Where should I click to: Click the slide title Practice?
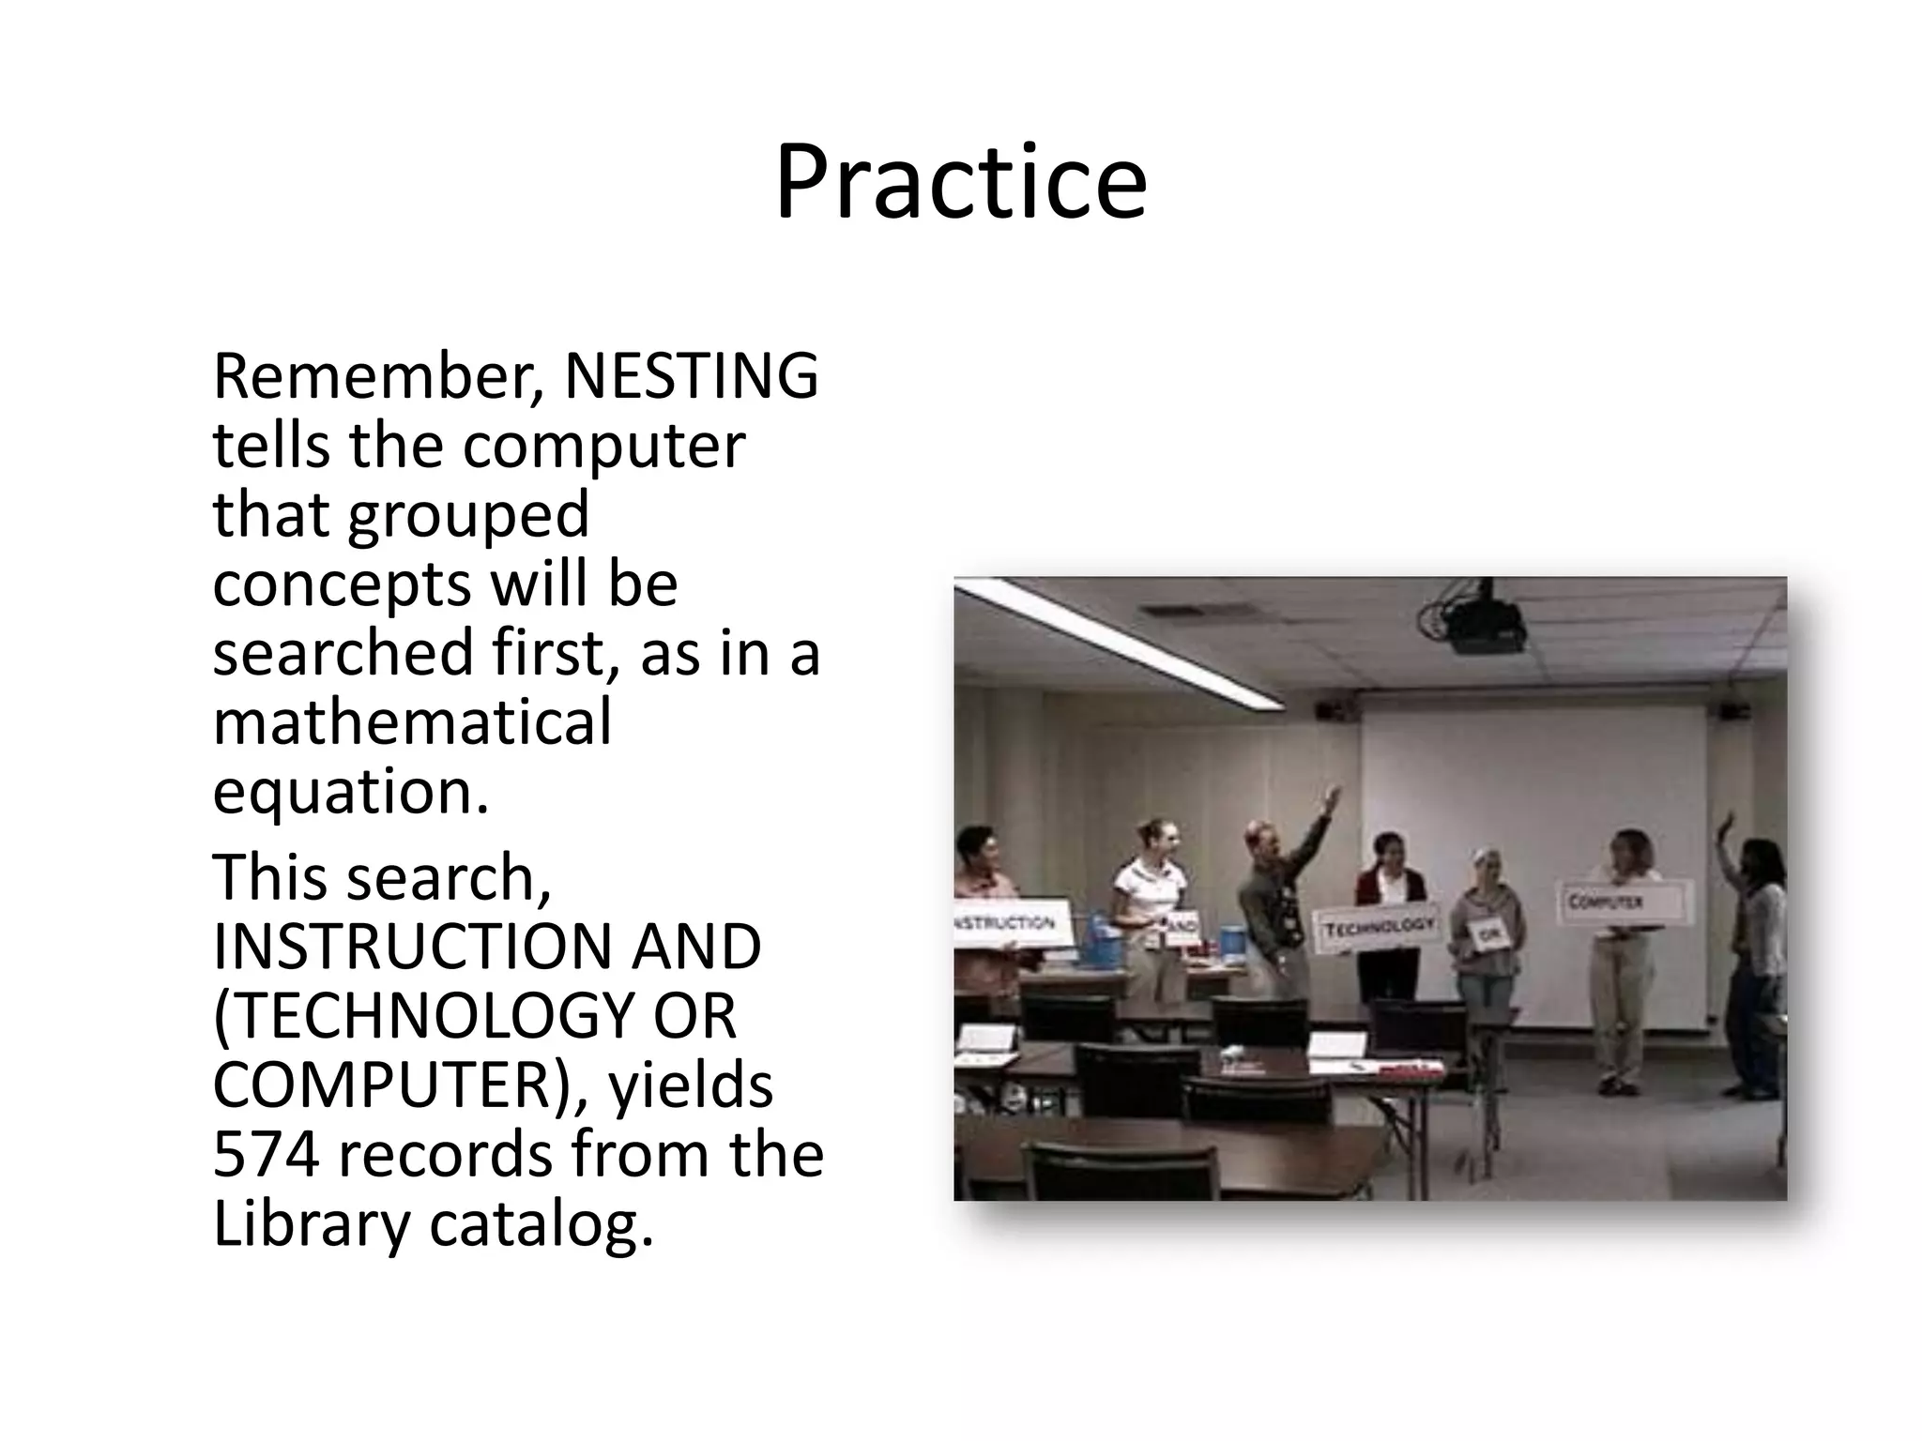(960, 183)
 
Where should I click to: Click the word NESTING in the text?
(691, 375)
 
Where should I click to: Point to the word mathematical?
(412, 722)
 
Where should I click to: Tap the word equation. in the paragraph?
(351, 792)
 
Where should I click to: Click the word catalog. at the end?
(542, 1224)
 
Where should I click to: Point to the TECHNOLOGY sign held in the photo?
(1377, 928)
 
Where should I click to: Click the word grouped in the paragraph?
(468, 514)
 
